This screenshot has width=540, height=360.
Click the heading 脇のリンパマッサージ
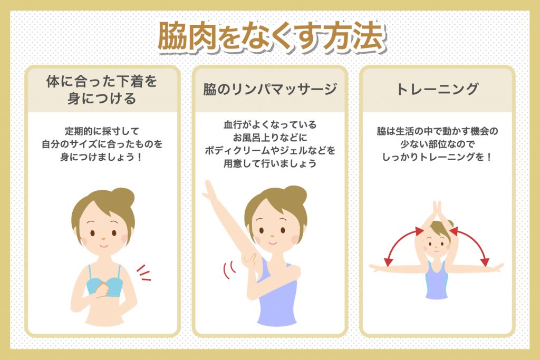click(x=270, y=90)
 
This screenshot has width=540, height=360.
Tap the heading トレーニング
click(x=437, y=89)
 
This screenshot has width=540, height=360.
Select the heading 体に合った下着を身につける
click(x=102, y=90)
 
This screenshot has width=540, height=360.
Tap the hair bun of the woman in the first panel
click(x=122, y=197)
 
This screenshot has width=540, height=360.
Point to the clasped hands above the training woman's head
click(x=437, y=211)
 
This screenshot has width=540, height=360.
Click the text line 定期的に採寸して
click(x=102, y=131)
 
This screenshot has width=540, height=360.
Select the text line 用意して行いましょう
click(x=270, y=164)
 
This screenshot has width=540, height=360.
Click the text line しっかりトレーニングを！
click(x=437, y=157)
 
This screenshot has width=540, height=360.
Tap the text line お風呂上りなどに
click(x=270, y=138)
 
